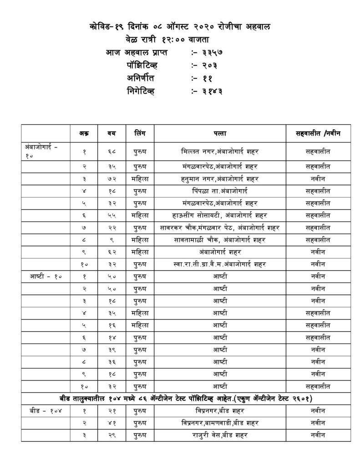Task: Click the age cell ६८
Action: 111,151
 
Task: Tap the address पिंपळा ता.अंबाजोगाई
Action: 216,190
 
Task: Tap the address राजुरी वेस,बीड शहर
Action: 216,435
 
